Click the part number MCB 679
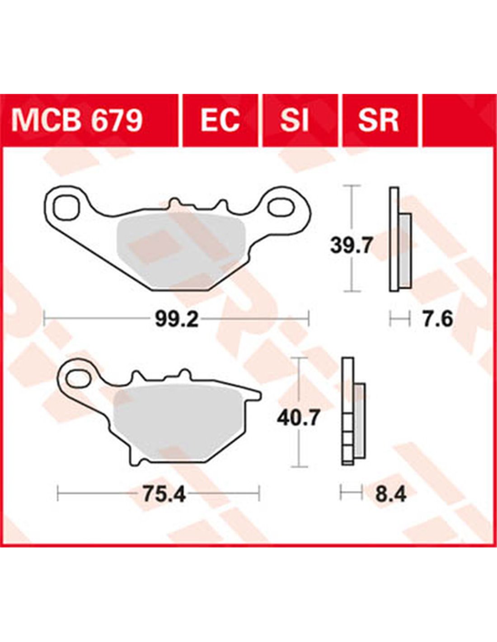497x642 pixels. coord(76,121)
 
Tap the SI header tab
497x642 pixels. coord(294,121)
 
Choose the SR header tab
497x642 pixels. coord(378,121)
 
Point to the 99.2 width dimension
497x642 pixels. coord(177,319)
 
